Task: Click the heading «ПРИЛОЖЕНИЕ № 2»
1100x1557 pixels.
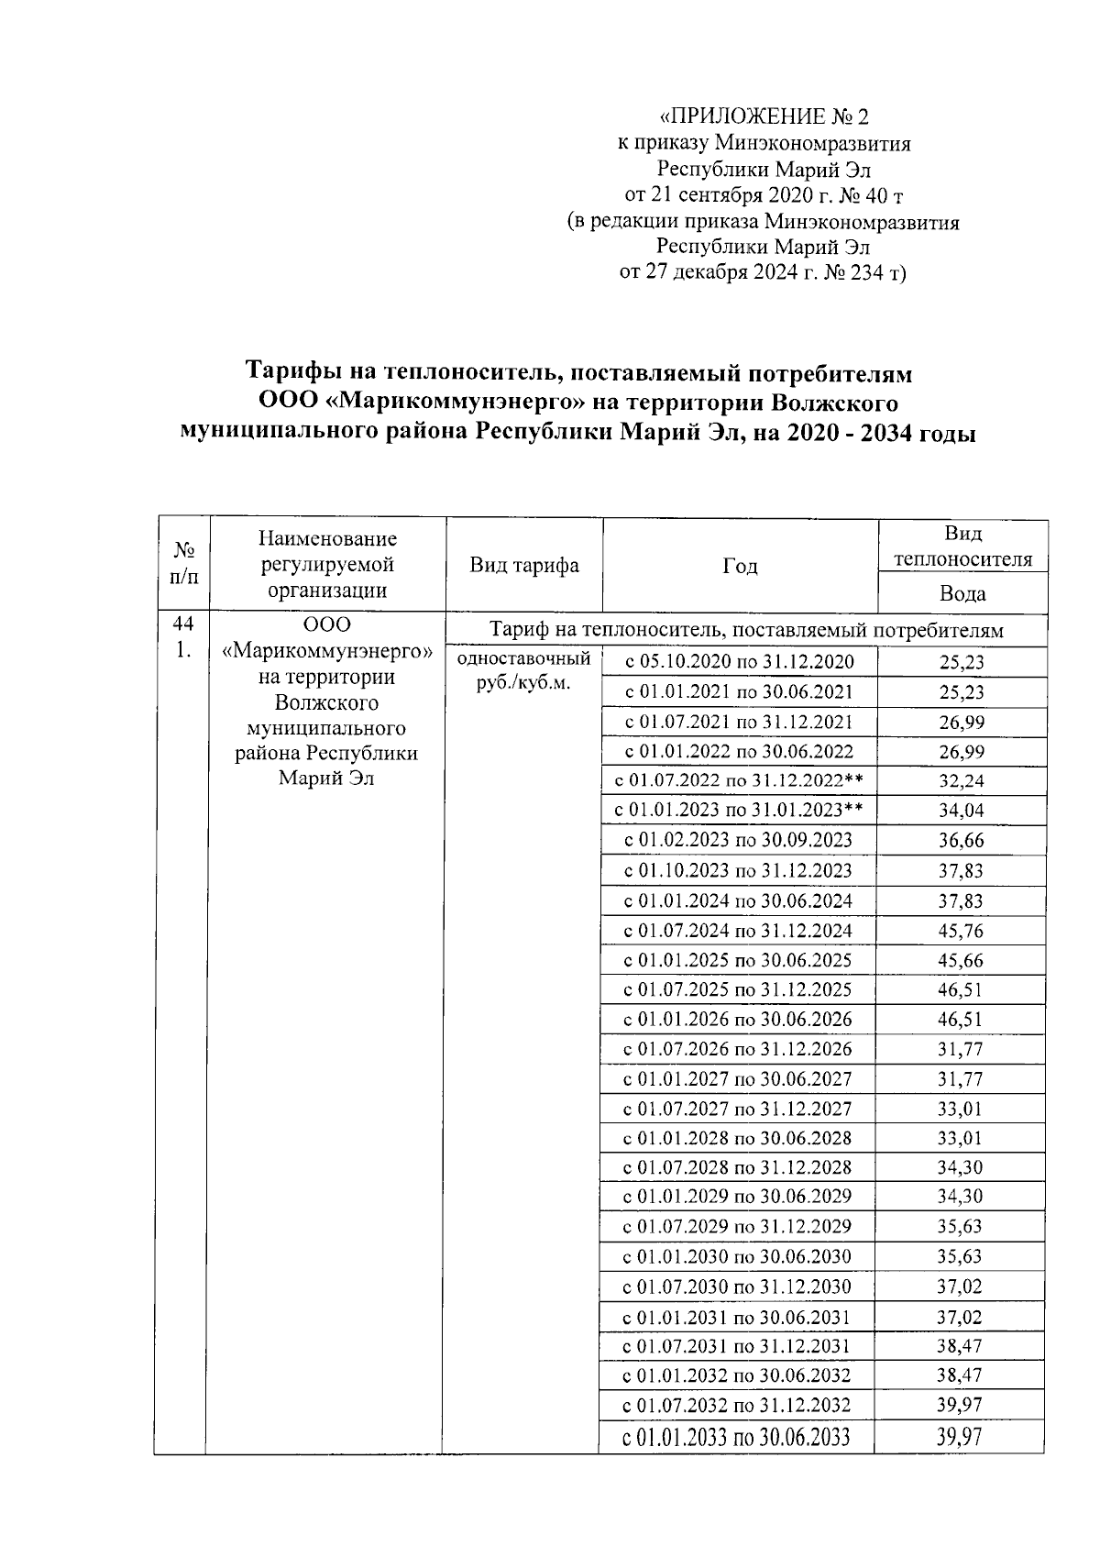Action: (764, 117)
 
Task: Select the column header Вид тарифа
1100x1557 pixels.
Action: (524, 565)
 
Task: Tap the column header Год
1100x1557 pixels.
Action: (740, 566)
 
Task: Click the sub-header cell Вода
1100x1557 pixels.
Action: (962, 593)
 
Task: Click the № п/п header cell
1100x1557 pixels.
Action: (185, 565)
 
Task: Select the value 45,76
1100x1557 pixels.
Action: (960, 931)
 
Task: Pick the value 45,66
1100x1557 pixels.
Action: (960, 960)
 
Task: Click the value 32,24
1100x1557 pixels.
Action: (961, 781)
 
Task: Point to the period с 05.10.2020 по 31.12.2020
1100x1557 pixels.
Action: (739, 662)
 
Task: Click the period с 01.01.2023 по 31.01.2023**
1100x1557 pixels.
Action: (739, 811)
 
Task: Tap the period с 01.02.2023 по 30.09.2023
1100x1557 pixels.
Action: (739, 841)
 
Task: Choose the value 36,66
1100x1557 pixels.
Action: (960, 841)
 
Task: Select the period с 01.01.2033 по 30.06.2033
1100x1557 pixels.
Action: (736, 1437)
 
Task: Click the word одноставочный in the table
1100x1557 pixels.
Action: (523, 658)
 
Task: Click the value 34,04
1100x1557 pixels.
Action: (961, 811)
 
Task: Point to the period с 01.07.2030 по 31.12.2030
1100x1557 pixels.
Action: (738, 1287)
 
